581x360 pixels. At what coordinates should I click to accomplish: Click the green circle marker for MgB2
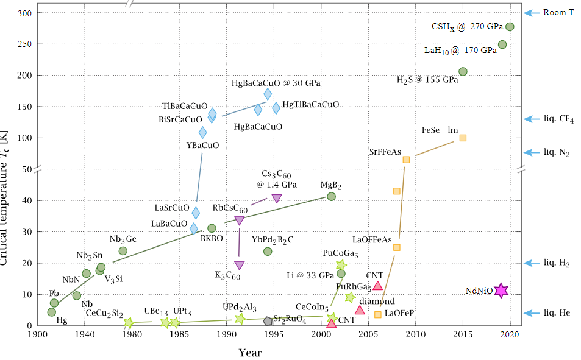coord(331,196)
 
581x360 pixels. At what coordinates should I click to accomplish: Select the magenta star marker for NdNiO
coord(501,291)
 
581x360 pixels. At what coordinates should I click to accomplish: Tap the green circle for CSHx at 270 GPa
coord(510,27)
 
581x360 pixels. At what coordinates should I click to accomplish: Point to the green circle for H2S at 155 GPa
coord(463,71)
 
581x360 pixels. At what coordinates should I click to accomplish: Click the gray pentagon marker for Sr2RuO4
coord(268,320)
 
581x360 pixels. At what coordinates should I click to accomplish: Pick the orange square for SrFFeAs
coord(406,160)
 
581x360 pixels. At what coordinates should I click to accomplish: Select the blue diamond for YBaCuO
coord(203,132)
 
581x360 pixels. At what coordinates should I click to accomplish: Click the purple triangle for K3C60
coord(239,265)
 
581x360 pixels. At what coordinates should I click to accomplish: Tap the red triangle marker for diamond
coord(359,310)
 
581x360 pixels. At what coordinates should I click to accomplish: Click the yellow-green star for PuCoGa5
coord(341,265)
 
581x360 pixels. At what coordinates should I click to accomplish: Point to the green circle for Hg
coord(52,312)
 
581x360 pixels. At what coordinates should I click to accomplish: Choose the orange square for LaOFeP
coord(378,314)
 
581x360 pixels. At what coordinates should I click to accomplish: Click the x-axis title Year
coord(250,353)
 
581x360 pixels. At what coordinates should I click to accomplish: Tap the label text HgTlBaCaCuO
coord(311,105)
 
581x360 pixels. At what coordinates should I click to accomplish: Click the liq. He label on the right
coord(557,313)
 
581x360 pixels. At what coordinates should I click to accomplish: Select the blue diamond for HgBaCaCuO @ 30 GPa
coord(268,94)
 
